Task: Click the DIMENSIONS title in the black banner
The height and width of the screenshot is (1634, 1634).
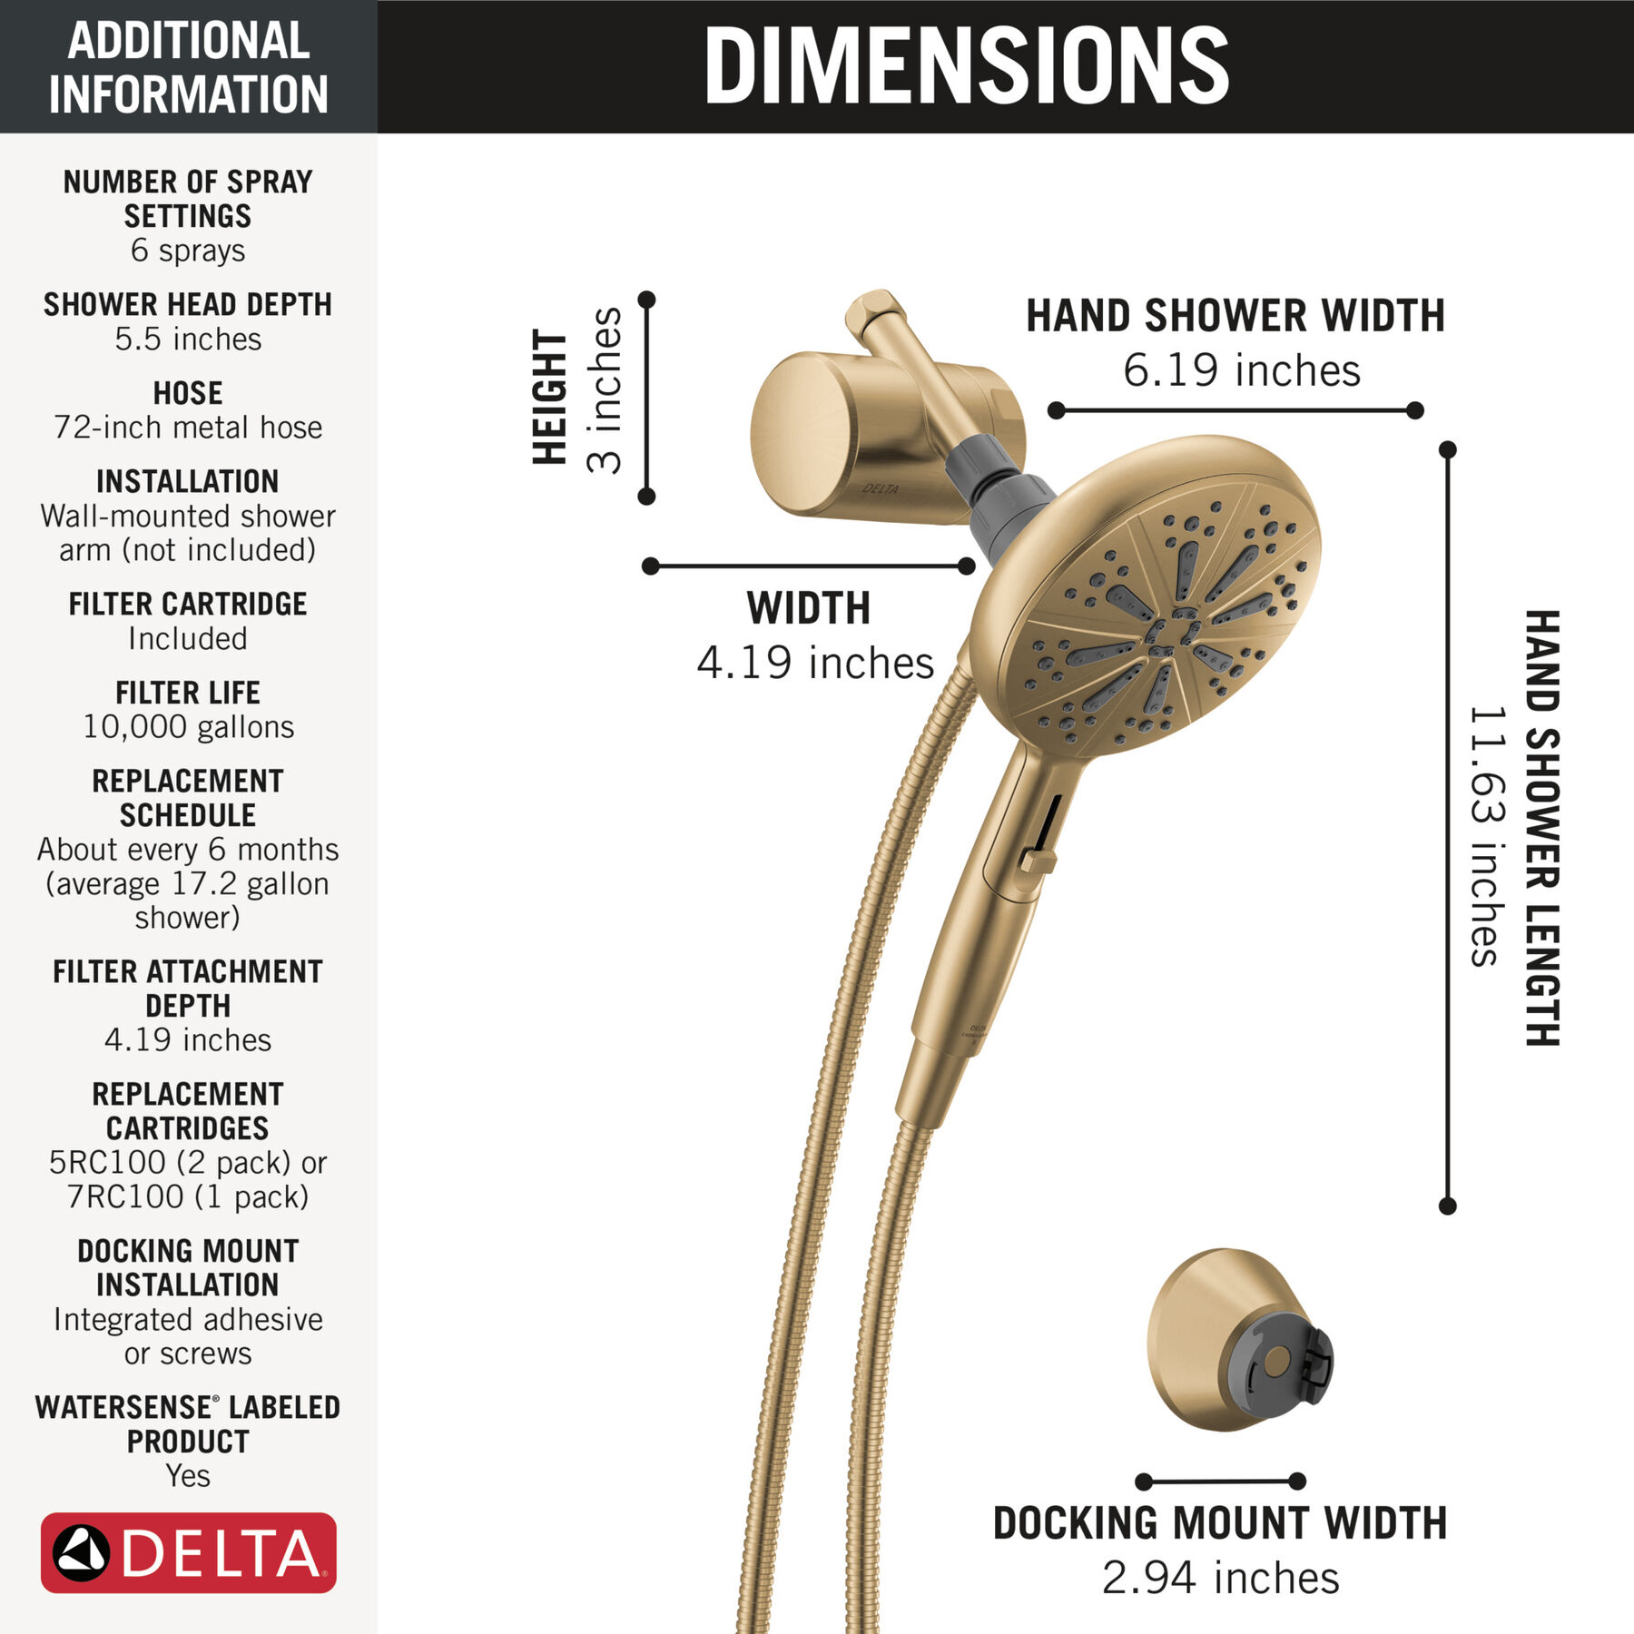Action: pyautogui.click(x=966, y=65)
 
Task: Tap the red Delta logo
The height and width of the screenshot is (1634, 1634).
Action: pyautogui.click(x=189, y=1552)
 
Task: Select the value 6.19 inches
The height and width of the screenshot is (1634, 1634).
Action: pyautogui.click(x=1242, y=370)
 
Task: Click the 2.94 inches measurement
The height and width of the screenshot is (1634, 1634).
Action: pyautogui.click(x=1220, y=1578)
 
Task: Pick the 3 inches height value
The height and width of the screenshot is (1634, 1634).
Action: pyautogui.click(x=605, y=390)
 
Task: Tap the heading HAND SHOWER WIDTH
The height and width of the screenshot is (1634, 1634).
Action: pyautogui.click(x=1235, y=316)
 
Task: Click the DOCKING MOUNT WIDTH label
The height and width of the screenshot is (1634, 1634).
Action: pyautogui.click(x=1220, y=1523)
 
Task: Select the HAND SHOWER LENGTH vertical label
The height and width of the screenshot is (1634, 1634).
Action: pyautogui.click(x=1541, y=828)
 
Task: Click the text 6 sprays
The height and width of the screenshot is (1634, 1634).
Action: pyautogui.click(x=188, y=251)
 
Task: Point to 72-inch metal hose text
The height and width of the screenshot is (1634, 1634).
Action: pyautogui.click(x=188, y=427)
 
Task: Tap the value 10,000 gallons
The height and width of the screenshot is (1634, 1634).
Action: pyautogui.click(x=188, y=726)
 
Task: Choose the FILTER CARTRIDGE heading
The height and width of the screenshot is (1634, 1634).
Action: pyautogui.click(x=188, y=604)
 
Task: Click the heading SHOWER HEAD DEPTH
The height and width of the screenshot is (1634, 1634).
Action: pyautogui.click(x=188, y=304)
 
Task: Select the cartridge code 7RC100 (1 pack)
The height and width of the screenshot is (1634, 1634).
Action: pyautogui.click(x=188, y=1196)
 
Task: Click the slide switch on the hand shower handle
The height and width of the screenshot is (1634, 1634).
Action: pyautogui.click(x=1038, y=860)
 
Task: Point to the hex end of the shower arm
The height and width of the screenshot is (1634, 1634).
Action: pyautogui.click(x=874, y=313)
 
